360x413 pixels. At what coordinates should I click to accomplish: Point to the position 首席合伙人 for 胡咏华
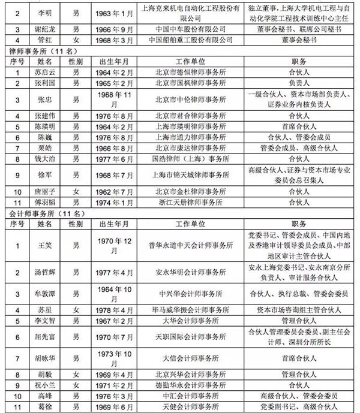coord(294,361)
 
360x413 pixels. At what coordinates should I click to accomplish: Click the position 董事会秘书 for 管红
coord(294,40)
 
